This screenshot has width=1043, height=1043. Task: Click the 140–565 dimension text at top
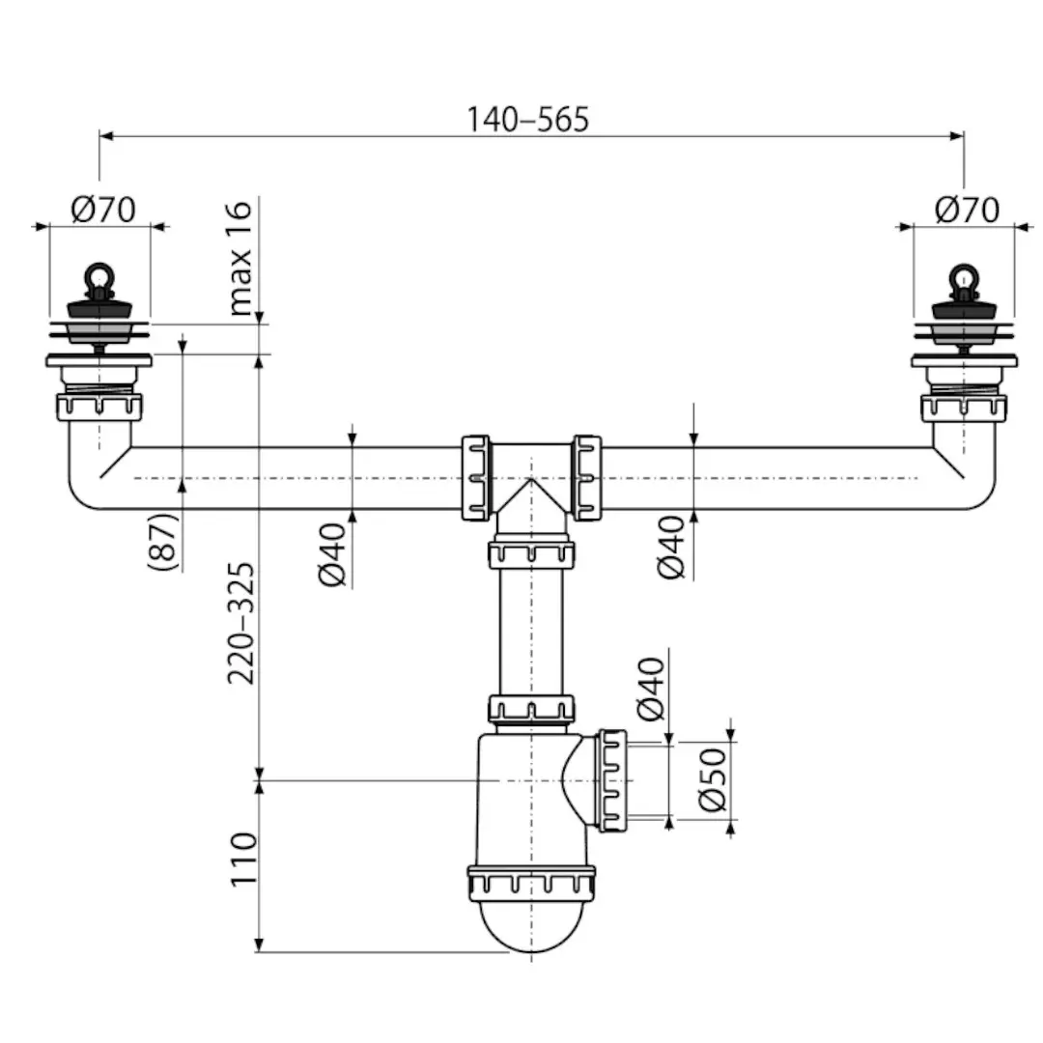click(527, 119)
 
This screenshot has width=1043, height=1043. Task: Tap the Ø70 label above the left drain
click(103, 209)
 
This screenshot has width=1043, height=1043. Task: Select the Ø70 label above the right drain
click(967, 209)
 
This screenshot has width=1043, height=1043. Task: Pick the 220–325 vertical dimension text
click(240, 623)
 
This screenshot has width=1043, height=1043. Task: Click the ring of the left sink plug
click(97, 277)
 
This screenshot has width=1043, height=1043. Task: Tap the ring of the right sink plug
click(961, 277)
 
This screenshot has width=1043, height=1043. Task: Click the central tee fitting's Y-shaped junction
click(531, 483)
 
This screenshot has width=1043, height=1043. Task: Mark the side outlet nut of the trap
click(612, 780)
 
